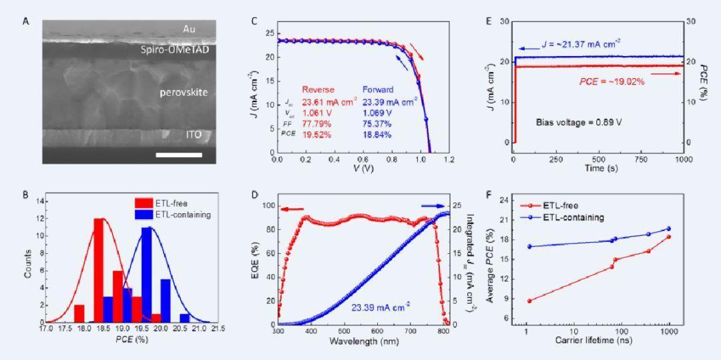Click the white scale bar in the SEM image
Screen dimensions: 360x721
click(x=179, y=155)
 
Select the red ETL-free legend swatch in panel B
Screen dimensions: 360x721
click(x=144, y=202)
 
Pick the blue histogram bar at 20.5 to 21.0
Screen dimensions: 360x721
click(x=185, y=318)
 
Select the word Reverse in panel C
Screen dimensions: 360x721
click(x=318, y=89)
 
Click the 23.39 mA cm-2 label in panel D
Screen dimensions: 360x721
click(x=381, y=306)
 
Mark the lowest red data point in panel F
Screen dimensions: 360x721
click(x=529, y=301)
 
